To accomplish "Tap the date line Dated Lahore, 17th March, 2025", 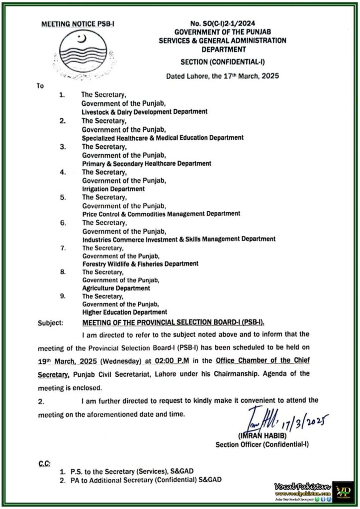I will point(222,77).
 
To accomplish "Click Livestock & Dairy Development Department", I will point(144,112).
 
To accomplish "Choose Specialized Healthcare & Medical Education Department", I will point(162,137).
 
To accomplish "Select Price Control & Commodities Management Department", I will point(161,213).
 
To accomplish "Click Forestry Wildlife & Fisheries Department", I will point(140,263).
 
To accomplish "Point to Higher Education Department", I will point(124,312).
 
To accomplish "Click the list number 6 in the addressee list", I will point(63,223).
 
